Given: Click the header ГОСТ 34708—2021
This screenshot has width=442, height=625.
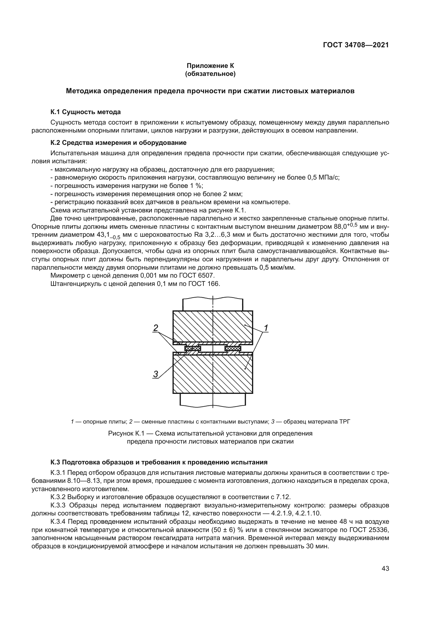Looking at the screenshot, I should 356,45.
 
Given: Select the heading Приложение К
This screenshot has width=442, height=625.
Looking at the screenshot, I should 210,66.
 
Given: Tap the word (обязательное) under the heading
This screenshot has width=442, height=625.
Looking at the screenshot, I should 210,74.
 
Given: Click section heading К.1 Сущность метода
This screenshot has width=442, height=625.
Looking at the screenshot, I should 86,112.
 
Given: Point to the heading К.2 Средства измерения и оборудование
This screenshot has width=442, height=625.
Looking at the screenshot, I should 118,143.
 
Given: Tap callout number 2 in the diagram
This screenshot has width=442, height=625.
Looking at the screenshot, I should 156,328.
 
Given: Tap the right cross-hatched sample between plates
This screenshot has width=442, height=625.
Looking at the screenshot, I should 233,348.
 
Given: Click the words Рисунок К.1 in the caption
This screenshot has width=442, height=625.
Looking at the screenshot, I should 124,433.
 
